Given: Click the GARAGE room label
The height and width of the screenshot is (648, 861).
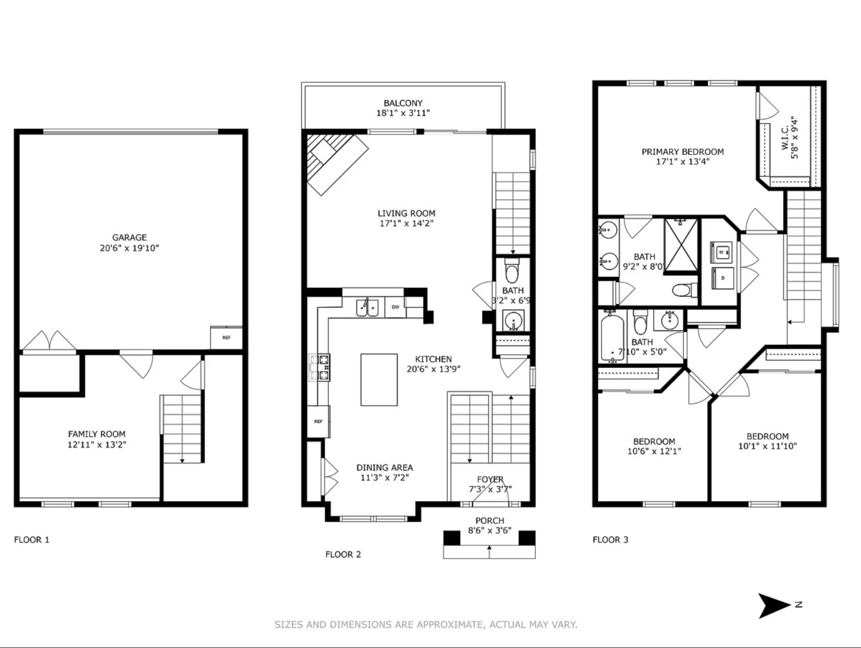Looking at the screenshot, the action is coord(130,238).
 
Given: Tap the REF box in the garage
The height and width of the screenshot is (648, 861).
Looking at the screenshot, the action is coord(226,338).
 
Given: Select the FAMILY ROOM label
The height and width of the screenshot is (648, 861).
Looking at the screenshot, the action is coord(97,434).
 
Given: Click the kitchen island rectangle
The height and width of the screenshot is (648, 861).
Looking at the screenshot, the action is coord(379,380).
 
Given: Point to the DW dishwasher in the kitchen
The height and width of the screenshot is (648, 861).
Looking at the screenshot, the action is coord(396,307).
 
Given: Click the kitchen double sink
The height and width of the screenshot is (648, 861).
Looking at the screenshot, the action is coord(367,308).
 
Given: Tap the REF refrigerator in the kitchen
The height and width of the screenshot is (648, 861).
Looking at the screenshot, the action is coord(318,421).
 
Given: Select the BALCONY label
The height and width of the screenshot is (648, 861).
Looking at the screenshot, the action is coord(403,103).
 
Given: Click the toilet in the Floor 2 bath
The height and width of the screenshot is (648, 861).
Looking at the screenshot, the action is coord(512,270).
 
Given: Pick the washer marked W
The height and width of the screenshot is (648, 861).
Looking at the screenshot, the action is coord(721,252).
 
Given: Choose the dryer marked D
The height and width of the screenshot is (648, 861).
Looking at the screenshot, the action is coord(722,278).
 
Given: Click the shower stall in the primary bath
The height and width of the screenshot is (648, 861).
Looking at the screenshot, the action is coord(681,245).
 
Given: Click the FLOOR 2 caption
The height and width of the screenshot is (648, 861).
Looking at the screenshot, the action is coord(343,554).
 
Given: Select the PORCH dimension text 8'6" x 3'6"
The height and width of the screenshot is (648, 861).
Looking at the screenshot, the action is coord(489,531).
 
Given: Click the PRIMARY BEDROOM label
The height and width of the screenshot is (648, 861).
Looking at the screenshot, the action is coord(683,152).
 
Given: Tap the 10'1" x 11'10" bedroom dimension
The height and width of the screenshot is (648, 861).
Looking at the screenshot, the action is coord(767,446).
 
